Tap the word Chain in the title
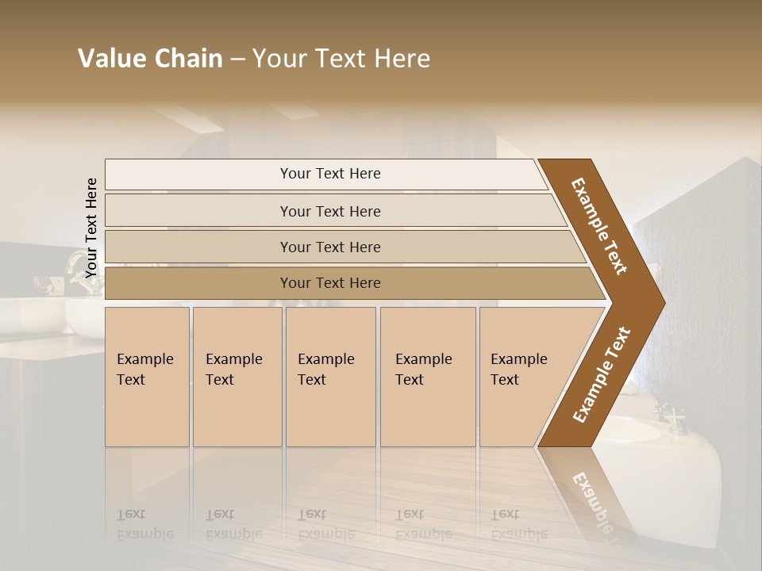188,59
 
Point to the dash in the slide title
237,59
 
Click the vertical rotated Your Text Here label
91,228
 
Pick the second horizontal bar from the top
330,211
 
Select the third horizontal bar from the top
330,247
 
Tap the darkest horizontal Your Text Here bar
330,283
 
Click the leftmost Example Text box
147,376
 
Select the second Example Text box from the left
237,376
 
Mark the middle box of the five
330,376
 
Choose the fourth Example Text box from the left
428,376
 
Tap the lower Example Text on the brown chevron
602,374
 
